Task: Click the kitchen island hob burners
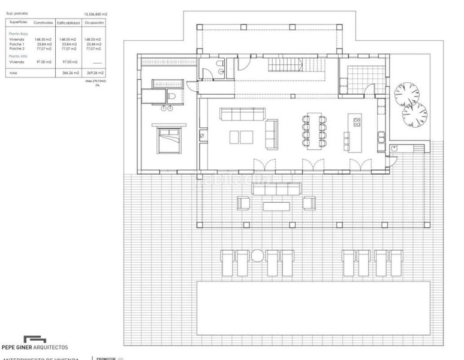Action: tap(357, 123)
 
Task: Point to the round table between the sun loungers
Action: tap(257, 256)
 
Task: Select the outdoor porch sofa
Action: tap(276, 188)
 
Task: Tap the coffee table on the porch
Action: tap(276, 206)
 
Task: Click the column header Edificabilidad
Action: tap(68, 23)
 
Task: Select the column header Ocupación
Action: tap(95, 23)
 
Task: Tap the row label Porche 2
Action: tap(16, 48)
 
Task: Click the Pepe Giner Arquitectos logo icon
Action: tap(35, 339)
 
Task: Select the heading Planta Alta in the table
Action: tap(18, 56)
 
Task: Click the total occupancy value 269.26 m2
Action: tap(95, 73)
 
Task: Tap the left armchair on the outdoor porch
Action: tap(243, 203)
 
